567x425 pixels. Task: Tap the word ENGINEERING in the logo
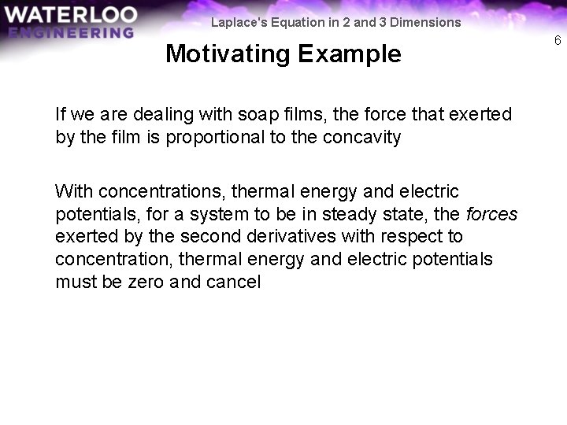coord(71,33)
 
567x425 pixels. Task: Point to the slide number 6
coord(558,40)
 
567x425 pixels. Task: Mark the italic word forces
coord(492,214)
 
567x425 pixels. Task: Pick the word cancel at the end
coord(234,282)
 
